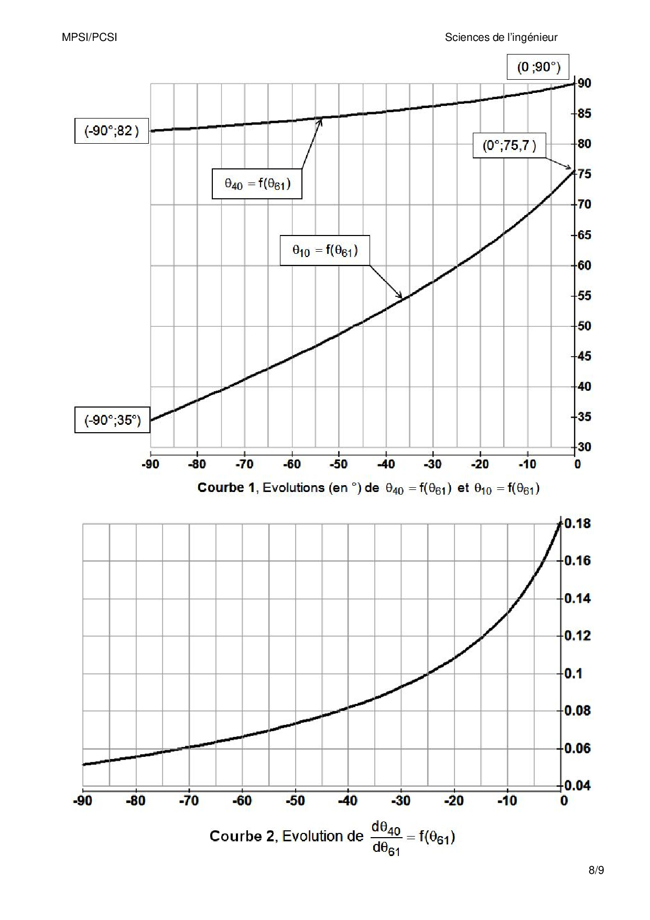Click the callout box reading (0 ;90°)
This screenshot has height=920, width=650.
pyautogui.click(x=538, y=67)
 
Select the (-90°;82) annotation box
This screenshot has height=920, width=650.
pyautogui.click(x=112, y=131)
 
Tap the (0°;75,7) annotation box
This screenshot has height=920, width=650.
pyautogui.click(x=510, y=145)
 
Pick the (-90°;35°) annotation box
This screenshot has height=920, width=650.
pyautogui.click(x=112, y=420)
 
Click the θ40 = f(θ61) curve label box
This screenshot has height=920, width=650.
pyautogui.click(x=257, y=184)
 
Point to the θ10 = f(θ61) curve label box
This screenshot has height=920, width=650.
pyautogui.click(x=325, y=251)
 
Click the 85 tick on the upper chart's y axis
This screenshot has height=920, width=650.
pyautogui.click(x=584, y=113)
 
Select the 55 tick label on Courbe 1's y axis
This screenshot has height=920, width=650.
pyautogui.click(x=584, y=296)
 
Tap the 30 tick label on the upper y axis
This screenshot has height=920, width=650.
pyautogui.click(x=584, y=447)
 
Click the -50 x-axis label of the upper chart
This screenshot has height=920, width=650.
pyautogui.click(x=338, y=464)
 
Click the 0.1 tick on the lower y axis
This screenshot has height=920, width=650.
pyautogui.click(x=573, y=673)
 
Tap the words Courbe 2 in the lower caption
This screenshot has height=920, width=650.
pyautogui.click(x=242, y=836)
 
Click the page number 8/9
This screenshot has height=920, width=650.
pyautogui.click(x=596, y=871)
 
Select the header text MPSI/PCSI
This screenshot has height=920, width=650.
pyautogui.click(x=89, y=37)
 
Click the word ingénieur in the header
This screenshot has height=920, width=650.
pyautogui.click(x=536, y=37)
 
